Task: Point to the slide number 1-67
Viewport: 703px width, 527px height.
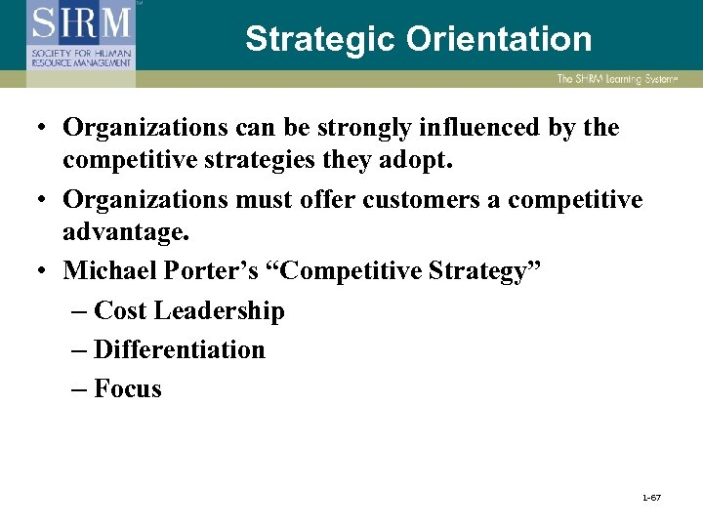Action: click(651, 499)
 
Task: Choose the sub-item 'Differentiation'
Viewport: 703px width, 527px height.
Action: click(180, 349)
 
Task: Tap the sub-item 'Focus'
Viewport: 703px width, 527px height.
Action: click(128, 388)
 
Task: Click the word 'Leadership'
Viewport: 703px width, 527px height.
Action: click(218, 311)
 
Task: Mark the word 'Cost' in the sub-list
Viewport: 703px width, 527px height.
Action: click(120, 311)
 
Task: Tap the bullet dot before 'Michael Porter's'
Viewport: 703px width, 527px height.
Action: click(45, 269)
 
